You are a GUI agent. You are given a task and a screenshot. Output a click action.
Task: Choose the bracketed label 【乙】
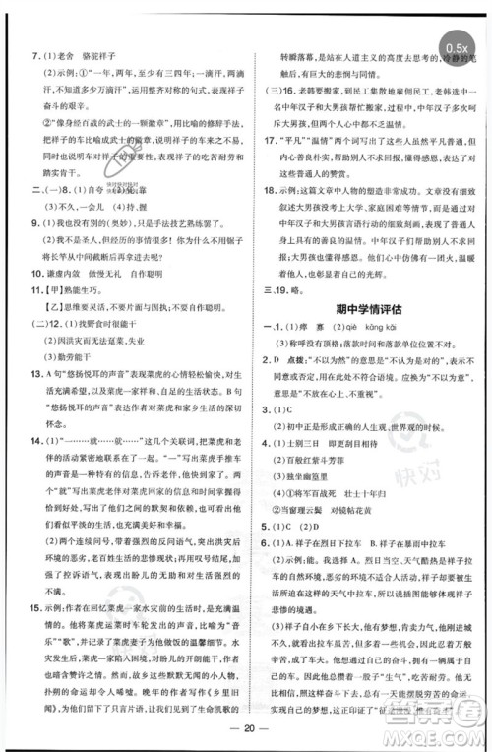(x=41, y=307)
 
